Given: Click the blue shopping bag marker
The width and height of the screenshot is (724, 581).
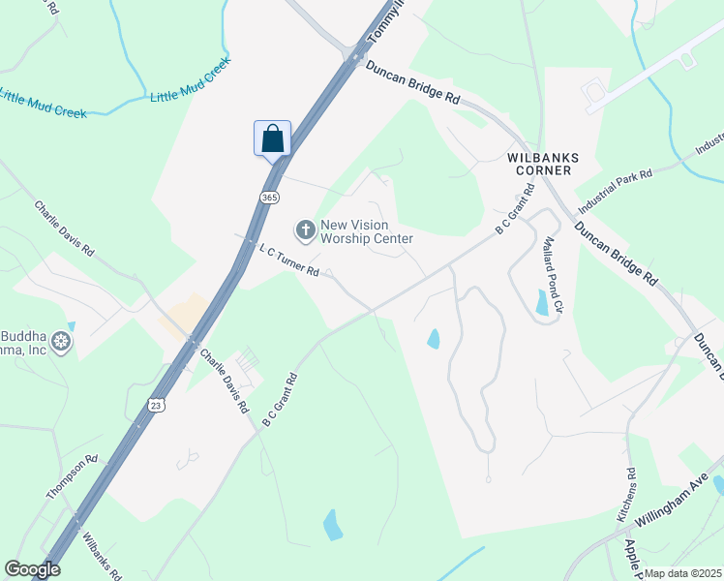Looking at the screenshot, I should point(272,138).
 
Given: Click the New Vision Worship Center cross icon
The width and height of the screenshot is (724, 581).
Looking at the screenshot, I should point(305,229).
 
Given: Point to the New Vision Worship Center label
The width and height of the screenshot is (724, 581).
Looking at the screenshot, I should point(367,230).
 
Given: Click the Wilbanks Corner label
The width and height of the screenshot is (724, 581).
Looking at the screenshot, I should point(539,163).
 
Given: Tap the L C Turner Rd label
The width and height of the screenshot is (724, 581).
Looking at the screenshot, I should point(288,260).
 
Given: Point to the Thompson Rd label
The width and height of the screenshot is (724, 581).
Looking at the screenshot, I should point(73,477).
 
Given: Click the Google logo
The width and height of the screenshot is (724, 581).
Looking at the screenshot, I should point(32,569).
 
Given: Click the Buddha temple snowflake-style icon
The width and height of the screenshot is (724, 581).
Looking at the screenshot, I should point(62,341).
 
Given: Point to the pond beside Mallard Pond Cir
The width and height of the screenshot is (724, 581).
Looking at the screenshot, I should point(543,304).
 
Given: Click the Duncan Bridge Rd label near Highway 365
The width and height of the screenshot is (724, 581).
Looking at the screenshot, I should point(411,81).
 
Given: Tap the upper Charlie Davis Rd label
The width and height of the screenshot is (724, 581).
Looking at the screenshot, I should point(64,229).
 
